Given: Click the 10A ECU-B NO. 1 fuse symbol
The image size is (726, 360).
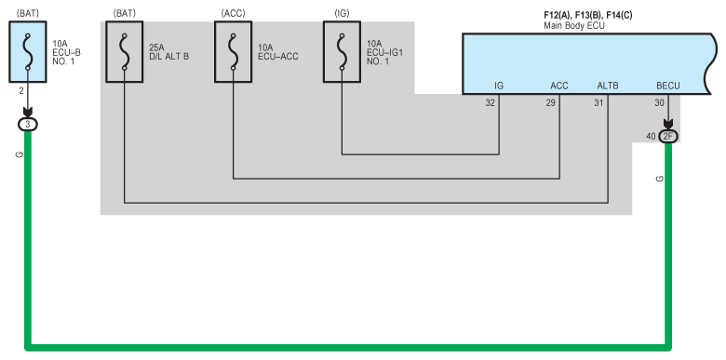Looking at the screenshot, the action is (x=28, y=52).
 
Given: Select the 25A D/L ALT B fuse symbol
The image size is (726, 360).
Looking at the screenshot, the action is (x=124, y=52).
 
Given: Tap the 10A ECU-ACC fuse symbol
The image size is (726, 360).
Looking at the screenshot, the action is (x=233, y=52).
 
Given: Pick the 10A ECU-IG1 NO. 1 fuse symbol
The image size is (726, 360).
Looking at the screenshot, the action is (x=342, y=52).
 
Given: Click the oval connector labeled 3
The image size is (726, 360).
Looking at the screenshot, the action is (x=27, y=124).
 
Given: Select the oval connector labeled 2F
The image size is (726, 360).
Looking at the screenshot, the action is (x=667, y=137).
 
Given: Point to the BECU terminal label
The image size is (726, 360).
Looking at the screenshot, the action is (x=667, y=86).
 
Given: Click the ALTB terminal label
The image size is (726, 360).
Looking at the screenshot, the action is (x=608, y=86).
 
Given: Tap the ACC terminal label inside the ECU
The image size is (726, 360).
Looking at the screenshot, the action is (x=558, y=86).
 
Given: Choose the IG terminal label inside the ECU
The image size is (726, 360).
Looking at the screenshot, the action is (x=499, y=86).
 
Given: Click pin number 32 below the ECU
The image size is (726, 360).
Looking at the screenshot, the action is (x=490, y=103).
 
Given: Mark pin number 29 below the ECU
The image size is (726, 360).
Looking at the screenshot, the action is (x=550, y=103).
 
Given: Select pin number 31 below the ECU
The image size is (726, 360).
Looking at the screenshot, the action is (x=598, y=103).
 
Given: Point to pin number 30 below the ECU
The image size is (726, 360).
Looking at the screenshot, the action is (x=659, y=103).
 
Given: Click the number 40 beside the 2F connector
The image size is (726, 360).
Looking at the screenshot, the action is (x=651, y=137).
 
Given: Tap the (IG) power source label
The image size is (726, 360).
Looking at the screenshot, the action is (x=342, y=13).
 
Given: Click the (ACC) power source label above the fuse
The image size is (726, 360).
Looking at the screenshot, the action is (x=233, y=13).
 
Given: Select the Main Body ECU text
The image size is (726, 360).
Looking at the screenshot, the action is (x=574, y=25).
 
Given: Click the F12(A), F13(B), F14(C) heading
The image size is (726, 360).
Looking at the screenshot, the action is (x=588, y=15).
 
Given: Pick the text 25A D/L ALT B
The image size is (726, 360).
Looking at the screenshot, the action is (x=169, y=52).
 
